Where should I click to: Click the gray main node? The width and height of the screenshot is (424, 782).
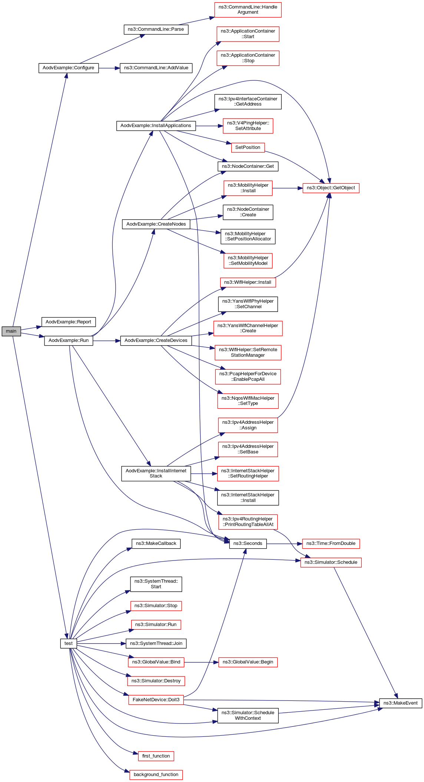(11, 331)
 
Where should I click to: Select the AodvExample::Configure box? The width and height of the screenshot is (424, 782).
(69, 68)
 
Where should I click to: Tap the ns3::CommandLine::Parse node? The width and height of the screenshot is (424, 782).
(156, 30)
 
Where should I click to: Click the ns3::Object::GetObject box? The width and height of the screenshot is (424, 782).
(331, 188)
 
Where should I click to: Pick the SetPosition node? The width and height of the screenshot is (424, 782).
(248, 147)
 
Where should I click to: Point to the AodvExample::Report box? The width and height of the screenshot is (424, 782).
(69, 322)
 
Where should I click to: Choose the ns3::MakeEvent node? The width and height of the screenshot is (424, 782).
(400, 703)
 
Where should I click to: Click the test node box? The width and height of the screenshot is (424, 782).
(69, 643)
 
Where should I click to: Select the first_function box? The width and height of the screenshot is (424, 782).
(156, 756)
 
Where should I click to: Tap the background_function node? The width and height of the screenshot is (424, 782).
(156, 775)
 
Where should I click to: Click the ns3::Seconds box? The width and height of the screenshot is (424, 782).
(248, 543)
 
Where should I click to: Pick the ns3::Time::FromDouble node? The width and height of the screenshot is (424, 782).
(331, 543)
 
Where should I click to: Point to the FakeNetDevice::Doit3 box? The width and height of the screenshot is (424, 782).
(156, 700)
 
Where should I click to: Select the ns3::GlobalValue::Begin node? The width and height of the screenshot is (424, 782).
(248, 662)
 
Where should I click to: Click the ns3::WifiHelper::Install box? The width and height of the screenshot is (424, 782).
(248, 282)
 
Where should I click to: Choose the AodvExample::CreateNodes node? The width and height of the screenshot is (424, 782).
(156, 224)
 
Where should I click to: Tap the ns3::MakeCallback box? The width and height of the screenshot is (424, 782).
(156, 543)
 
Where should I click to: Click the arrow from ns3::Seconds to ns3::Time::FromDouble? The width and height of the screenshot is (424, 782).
(284, 544)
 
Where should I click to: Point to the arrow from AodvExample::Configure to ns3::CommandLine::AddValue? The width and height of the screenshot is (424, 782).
(109, 68)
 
